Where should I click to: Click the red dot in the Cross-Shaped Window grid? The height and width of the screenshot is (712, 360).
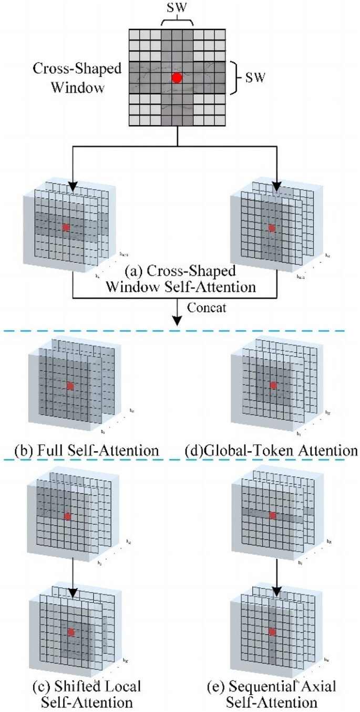click(x=177, y=78)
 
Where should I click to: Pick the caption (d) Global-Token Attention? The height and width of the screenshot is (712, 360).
click(x=271, y=451)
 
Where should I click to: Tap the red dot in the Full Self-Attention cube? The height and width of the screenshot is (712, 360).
click(x=70, y=386)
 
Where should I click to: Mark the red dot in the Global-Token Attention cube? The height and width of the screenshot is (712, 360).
click(x=273, y=385)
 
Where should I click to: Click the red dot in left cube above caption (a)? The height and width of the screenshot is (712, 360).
click(x=66, y=227)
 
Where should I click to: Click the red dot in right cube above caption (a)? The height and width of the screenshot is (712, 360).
click(x=271, y=228)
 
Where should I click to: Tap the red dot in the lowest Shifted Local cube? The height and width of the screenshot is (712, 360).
click(x=71, y=632)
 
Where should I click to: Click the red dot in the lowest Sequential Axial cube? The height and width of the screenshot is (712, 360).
click(x=272, y=631)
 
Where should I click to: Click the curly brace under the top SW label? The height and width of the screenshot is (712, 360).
click(x=177, y=21)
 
